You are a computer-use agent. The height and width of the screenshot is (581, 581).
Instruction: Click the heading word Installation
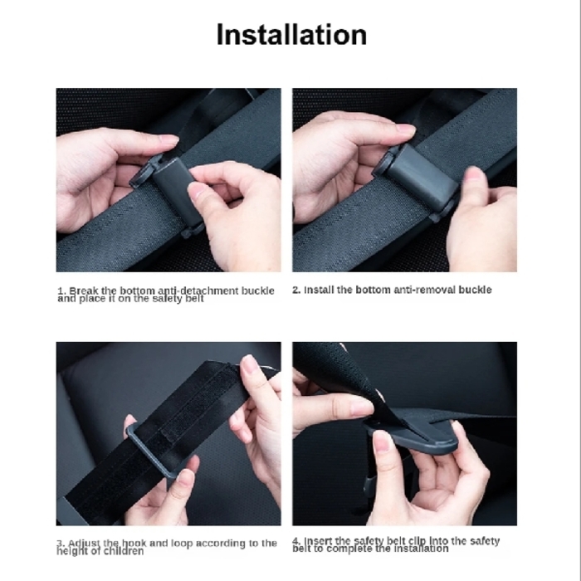coord(290,35)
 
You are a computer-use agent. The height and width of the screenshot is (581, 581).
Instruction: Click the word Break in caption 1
coord(85,290)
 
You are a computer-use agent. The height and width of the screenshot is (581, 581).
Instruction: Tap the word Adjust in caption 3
coord(85,543)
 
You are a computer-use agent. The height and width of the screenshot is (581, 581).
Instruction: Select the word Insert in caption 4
coord(320,541)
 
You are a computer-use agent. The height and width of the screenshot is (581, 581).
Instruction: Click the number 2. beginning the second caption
coord(296,290)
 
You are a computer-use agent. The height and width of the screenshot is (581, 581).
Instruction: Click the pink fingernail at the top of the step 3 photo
coord(248,364)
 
